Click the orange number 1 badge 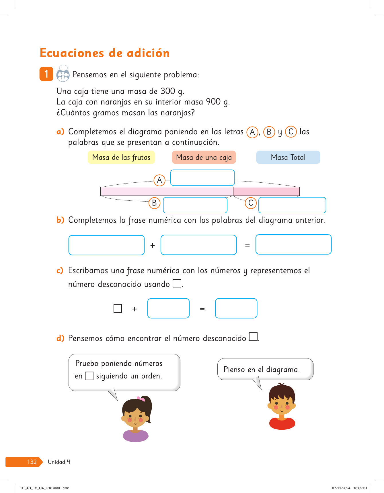tap(46, 74)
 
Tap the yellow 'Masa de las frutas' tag tap(121, 157)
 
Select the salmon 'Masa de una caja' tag tap(204, 157)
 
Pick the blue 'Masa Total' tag tap(288, 157)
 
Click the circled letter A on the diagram tap(159, 180)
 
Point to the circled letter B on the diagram tap(154, 203)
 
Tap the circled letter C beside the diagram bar tap(251, 203)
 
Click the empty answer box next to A tap(202, 178)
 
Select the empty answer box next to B tap(195, 205)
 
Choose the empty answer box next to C tap(292, 205)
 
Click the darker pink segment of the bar tap(266, 191)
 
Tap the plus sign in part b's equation tap(153, 245)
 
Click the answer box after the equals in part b tap(293, 244)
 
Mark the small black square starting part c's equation tap(118, 308)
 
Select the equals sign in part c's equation tap(202, 309)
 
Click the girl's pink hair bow tap(141, 399)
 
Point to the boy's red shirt tap(282, 423)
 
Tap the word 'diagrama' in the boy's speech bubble tap(282, 370)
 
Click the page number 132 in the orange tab tap(32, 462)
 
